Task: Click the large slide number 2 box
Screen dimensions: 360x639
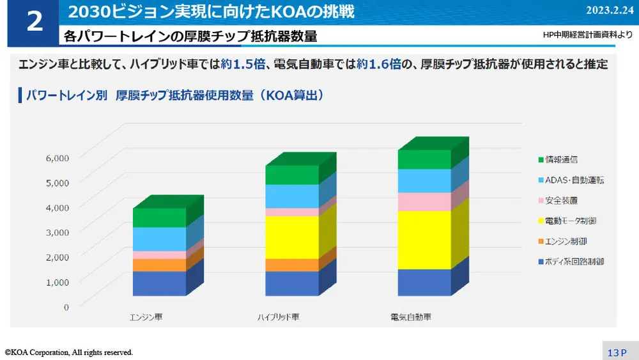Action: pyautogui.click(x=33, y=22)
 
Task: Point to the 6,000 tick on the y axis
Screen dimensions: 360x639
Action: pyautogui.click(x=57, y=157)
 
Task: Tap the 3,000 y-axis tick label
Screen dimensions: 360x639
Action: pyautogui.click(x=57, y=232)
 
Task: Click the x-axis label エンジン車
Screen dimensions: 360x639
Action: pyautogui.click(x=146, y=317)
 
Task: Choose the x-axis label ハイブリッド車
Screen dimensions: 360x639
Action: pyautogui.click(x=278, y=317)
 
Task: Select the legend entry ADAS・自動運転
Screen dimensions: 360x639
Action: pyautogui.click(x=571, y=180)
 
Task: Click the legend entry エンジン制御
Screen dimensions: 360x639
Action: pyautogui.click(x=566, y=241)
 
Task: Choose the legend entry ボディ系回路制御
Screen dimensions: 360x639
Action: pyautogui.click(x=571, y=262)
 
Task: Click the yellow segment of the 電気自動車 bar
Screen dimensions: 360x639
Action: pyautogui.click(x=424, y=240)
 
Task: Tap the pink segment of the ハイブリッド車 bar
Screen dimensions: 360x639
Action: pyautogui.click(x=291, y=212)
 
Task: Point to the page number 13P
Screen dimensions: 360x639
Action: pyautogui.click(x=617, y=352)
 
